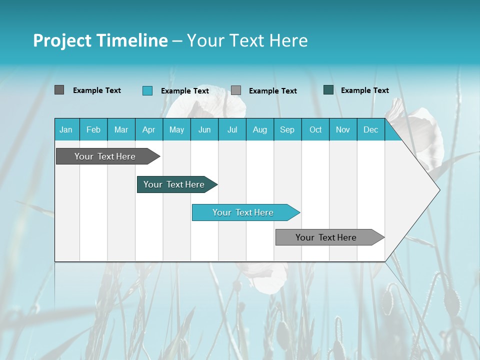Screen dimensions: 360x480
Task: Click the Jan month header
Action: pos(66,129)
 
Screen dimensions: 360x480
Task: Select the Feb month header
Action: pos(93,129)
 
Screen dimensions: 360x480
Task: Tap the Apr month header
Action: pos(148,129)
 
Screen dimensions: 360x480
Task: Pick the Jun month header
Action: pos(204,129)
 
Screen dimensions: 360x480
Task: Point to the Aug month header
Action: pos(259,129)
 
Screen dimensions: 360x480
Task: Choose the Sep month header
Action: pos(287,129)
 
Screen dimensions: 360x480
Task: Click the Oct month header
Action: pos(315,129)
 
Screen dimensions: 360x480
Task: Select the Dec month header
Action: pos(370,129)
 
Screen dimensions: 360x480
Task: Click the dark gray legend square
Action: pos(59,90)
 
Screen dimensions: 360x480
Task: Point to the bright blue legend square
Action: pos(147,90)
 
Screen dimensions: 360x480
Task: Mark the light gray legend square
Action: pos(236,90)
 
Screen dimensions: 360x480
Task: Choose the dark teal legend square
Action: pos(328,90)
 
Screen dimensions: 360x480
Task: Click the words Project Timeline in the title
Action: pos(100,40)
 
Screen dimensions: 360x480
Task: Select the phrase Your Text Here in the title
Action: pos(247,40)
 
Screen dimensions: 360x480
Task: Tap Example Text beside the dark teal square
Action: pos(364,90)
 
